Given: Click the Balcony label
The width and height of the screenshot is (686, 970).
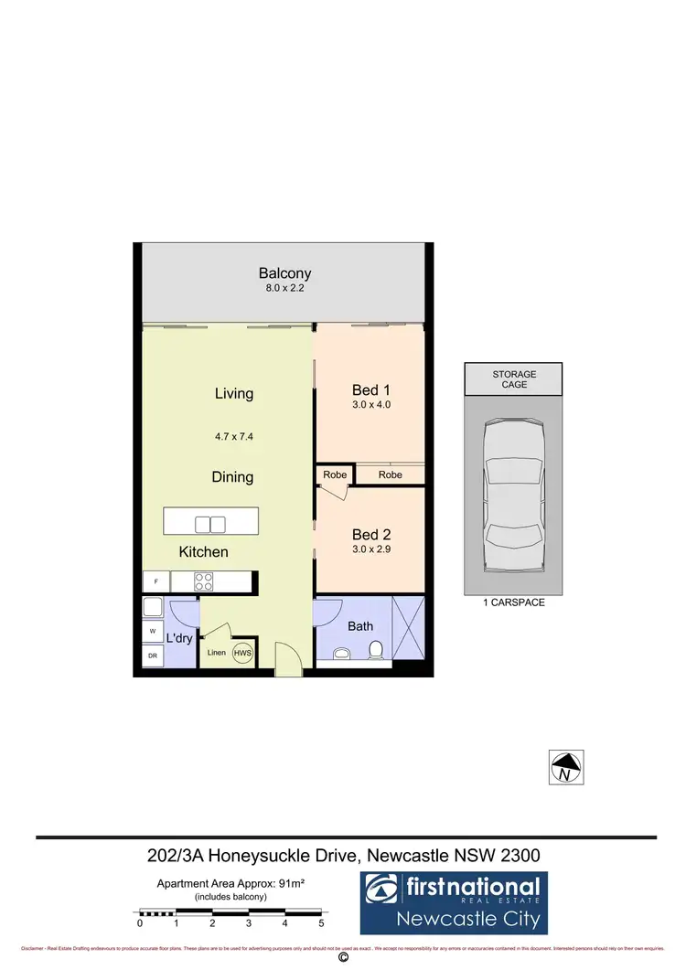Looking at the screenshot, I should pos(284,272).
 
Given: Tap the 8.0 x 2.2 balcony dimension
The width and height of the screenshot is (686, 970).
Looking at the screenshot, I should pos(284,289).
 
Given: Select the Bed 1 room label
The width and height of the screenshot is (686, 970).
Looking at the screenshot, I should pos(370,390).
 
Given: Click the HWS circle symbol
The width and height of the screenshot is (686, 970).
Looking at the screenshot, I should pos(242,653).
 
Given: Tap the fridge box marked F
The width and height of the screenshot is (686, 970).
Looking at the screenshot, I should pos(155,581).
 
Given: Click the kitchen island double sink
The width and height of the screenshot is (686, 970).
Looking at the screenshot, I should pos(210,524).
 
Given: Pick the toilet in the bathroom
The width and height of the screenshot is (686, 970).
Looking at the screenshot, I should pos(374,650).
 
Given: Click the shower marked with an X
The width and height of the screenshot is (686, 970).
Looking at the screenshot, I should pos(408,626).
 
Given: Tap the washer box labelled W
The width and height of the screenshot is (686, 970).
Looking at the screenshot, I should pos(152,631).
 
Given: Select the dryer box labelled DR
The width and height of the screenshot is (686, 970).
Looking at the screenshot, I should pos(152,656).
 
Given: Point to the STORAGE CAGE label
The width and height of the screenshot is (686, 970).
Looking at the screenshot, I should pos(513,379).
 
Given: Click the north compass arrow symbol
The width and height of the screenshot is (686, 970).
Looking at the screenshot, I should pos(565,766).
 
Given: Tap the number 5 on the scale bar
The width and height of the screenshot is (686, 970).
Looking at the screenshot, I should pos(322,923).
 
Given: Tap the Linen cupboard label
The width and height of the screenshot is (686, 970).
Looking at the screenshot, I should pos(216,653).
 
